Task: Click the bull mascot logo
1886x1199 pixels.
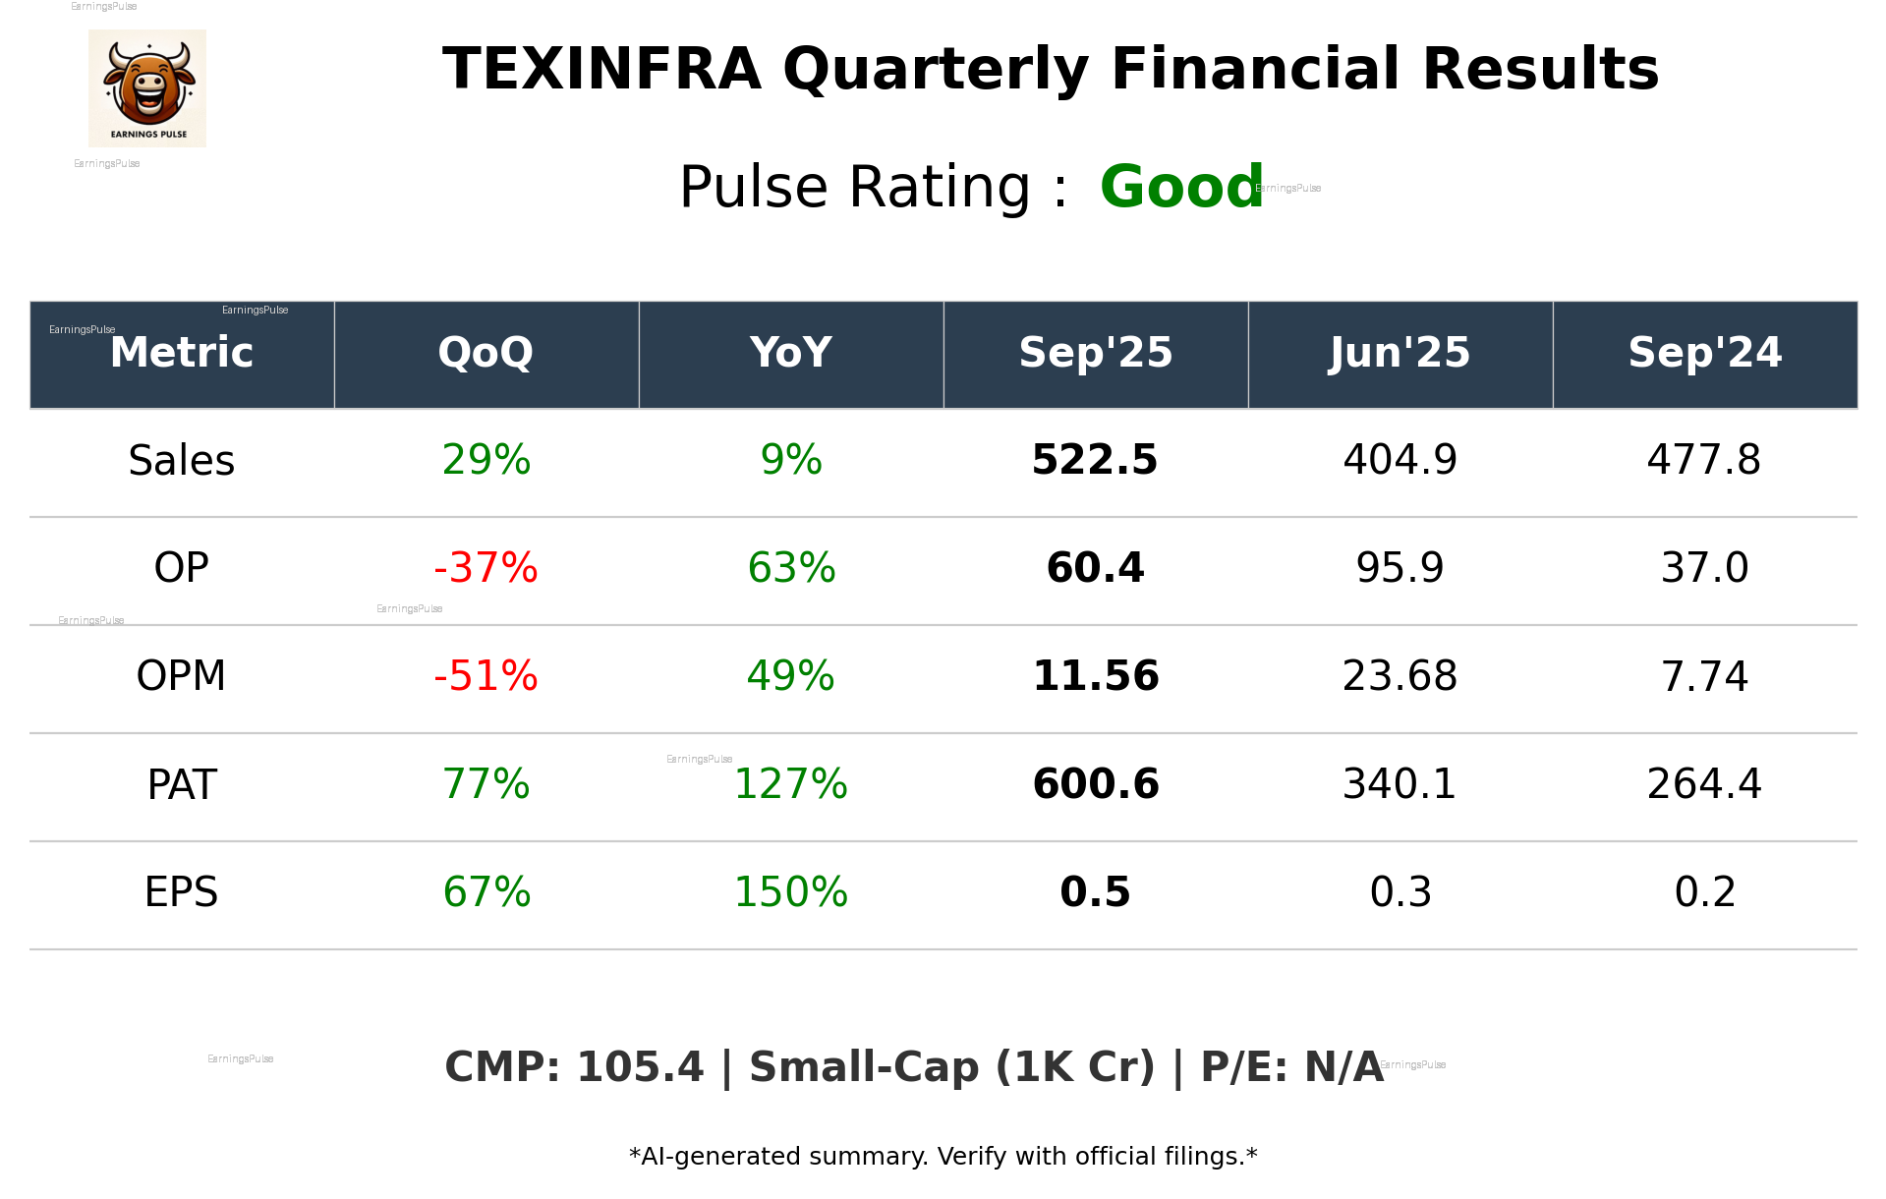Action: pyautogui.click(x=147, y=87)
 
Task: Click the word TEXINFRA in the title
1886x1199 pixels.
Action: pyautogui.click(x=601, y=70)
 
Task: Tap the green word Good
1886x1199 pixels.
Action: pyautogui.click(x=1180, y=187)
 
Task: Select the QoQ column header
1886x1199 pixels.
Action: pyautogui.click(x=486, y=353)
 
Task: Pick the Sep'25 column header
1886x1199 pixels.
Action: pyautogui.click(x=1095, y=353)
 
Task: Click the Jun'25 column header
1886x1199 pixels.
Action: pyautogui.click(x=1400, y=353)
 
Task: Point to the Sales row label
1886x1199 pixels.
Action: pyautogui.click(x=182, y=460)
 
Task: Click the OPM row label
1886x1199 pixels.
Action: pyautogui.click(x=182, y=676)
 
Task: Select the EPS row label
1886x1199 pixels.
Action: pyautogui.click(x=182, y=892)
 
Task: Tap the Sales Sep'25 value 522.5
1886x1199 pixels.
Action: pyautogui.click(x=1095, y=460)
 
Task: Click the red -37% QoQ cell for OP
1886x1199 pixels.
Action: pyautogui.click(x=486, y=568)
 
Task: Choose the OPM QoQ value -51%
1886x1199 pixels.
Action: pyautogui.click(x=486, y=676)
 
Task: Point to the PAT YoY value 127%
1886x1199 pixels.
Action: pyautogui.click(x=790, y=784)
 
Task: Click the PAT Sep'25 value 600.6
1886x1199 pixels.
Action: pyautogui.click(x=1095, y=784)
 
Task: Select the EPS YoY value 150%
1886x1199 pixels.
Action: pyautogui.click(x=790, y=892)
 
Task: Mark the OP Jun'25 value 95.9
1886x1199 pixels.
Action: pyautogui.click(x=1400, y=568)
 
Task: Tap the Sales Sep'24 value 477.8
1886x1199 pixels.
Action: pyautogui.click(x=1704, y=460)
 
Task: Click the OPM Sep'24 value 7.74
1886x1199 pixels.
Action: pyautogui.click(x=1704, y=676)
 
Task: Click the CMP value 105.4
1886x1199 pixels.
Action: pyautogui.click(x=640, y=1067)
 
